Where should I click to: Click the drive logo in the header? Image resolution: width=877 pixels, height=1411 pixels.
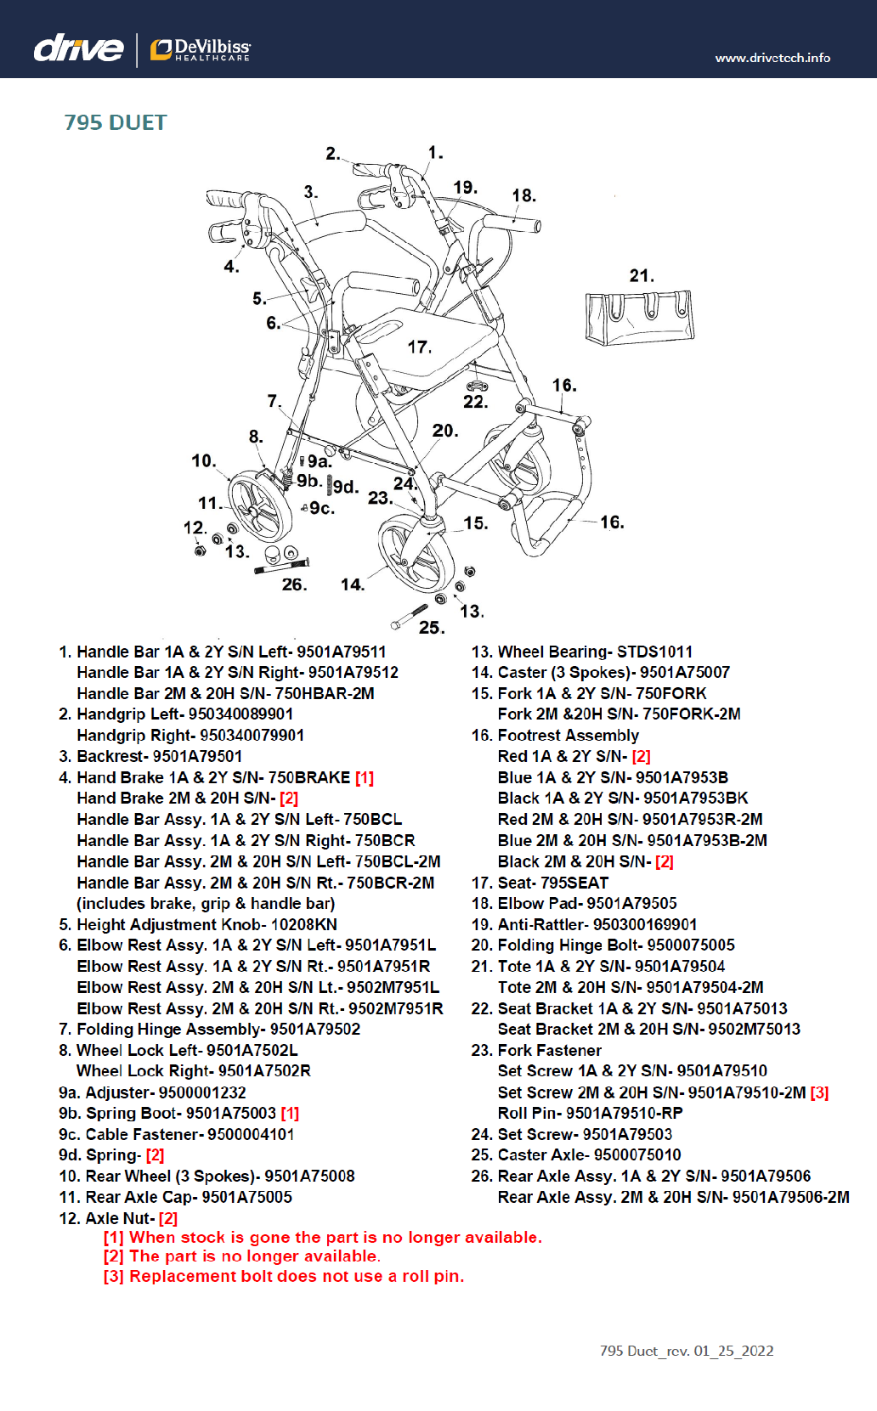(x=78, y=48)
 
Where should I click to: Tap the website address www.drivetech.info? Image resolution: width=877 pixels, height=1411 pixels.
(x=772, y=58)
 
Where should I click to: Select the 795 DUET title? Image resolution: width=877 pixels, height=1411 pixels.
(x=116, y=123)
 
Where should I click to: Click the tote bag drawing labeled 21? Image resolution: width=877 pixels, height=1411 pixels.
(x=639, y=317)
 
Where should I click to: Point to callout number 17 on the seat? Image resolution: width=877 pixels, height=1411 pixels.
(x=419, y=347)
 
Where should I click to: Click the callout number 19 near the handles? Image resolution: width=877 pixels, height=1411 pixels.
(x=465, y=188)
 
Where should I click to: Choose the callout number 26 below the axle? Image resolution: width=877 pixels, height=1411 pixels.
(x=294, y=584)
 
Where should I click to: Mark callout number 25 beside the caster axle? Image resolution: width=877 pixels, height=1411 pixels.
(x=431, y=628)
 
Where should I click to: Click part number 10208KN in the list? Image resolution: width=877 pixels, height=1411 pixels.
(x=303, y=924)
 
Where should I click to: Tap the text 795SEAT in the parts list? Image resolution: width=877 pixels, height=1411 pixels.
(x=574, y=883)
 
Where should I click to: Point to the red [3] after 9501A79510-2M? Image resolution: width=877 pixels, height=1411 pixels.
(x=819, y=1092)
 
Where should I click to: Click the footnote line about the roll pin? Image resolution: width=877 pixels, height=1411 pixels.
(x=284, y=1276)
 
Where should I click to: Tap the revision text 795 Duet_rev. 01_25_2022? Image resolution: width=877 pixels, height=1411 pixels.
(x=687, y=1351)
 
